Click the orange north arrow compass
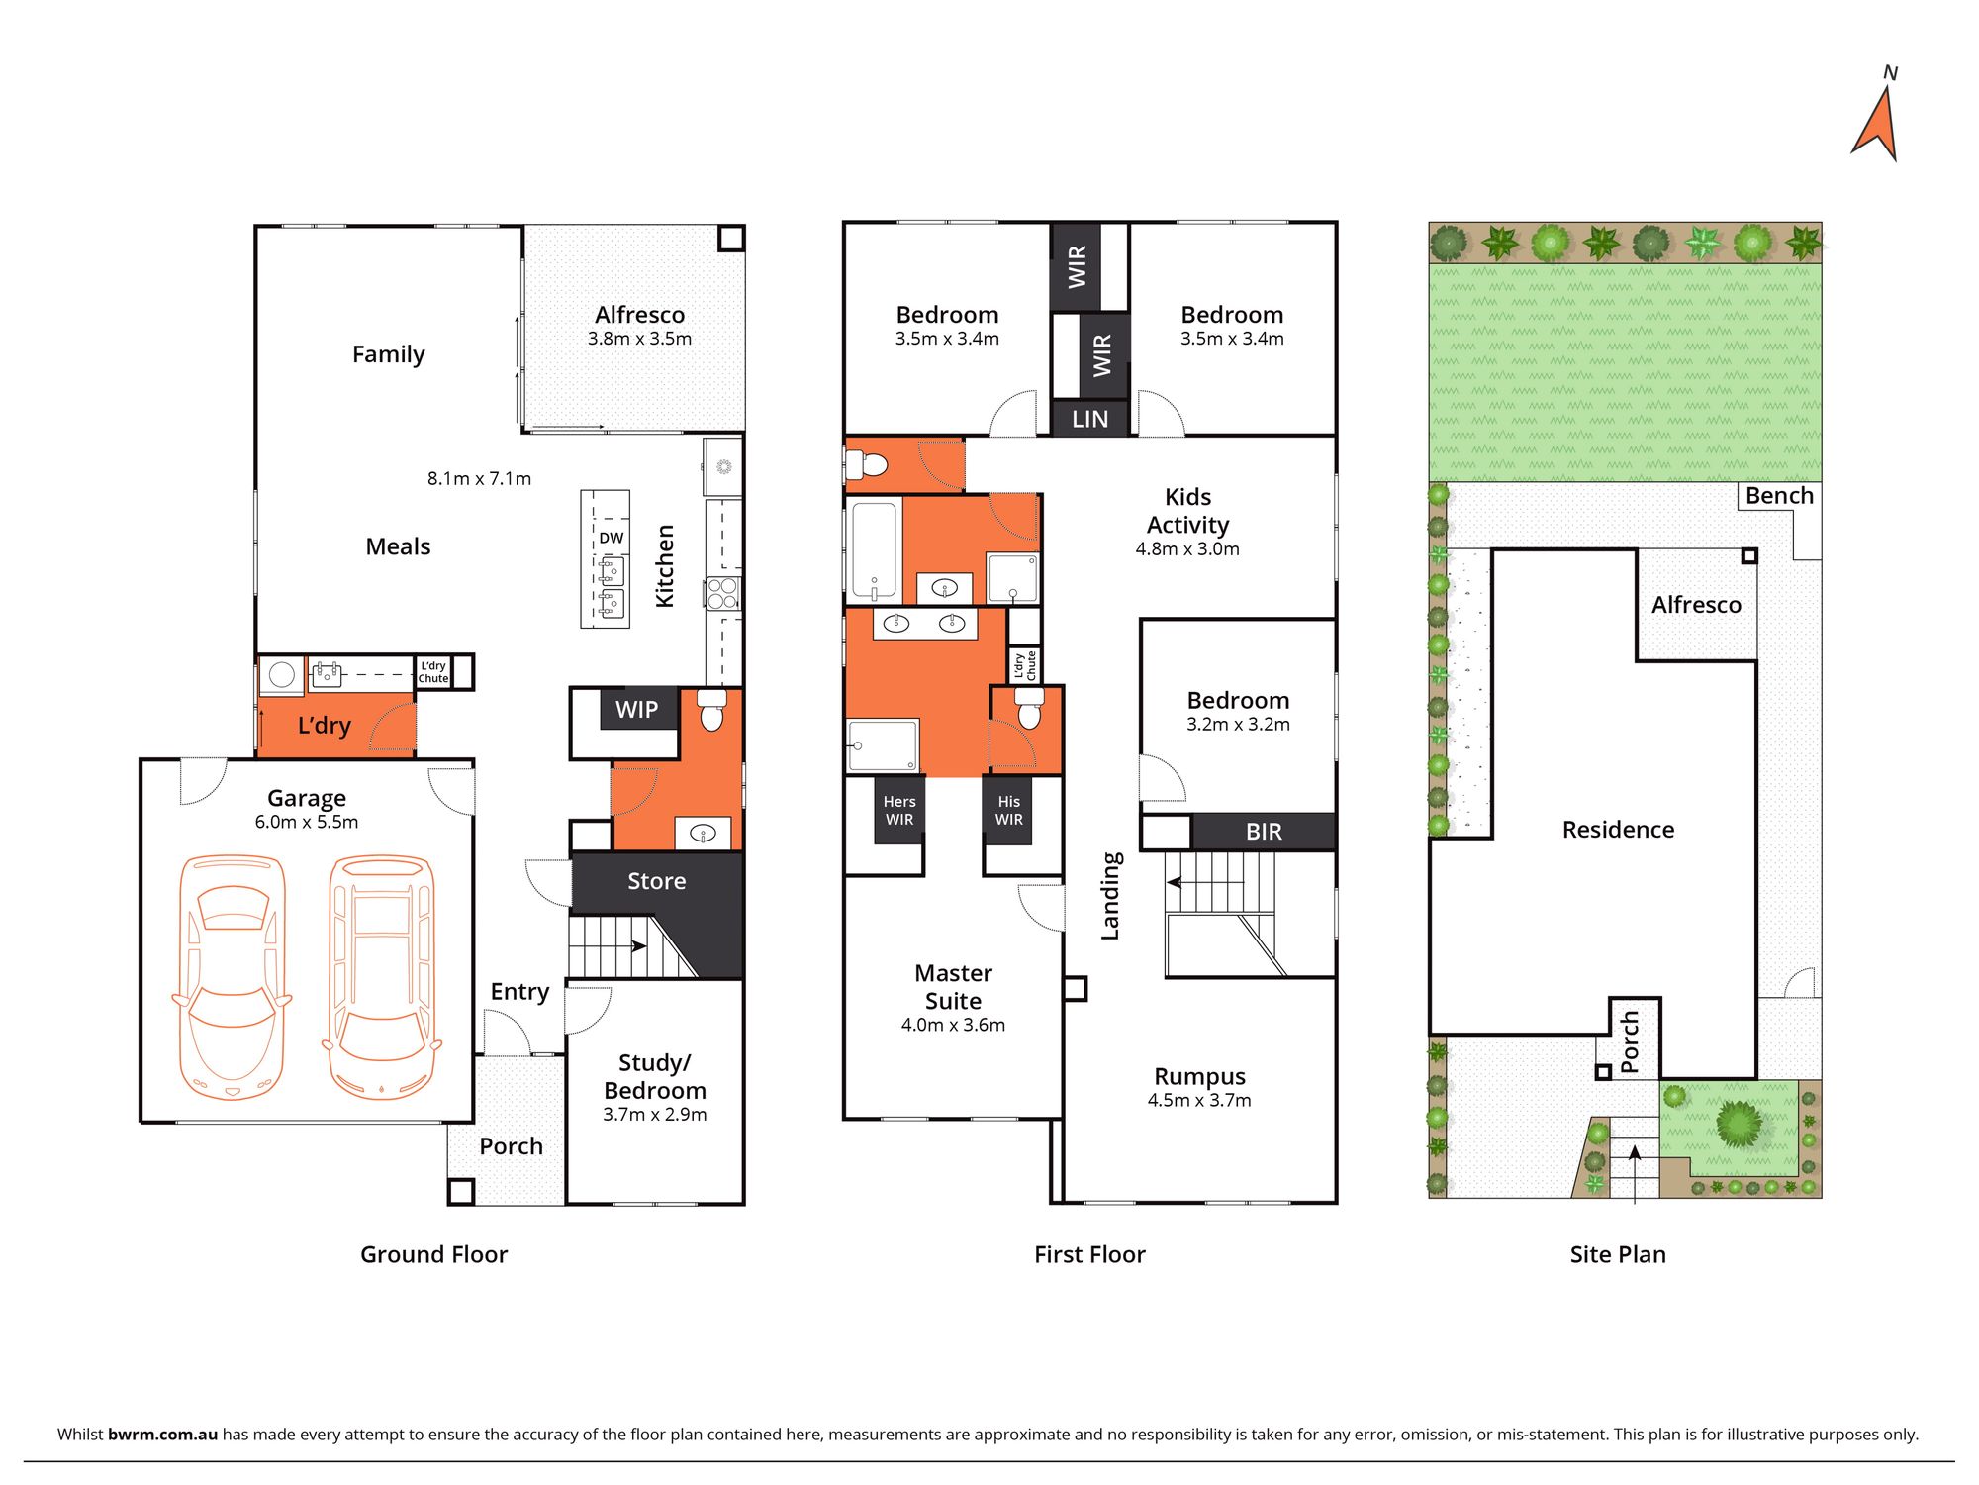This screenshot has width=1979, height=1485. pos(1877,127)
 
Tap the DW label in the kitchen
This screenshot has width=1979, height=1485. pos(612,538)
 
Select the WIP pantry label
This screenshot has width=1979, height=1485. pos(636,709)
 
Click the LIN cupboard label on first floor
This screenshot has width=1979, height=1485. pos(1089,419)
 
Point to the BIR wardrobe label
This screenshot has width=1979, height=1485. pos(1264,832)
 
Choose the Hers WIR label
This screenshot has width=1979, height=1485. pos(899,810)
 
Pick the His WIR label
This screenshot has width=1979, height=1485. pos(1008,810)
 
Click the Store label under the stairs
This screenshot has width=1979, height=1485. pos(656,881)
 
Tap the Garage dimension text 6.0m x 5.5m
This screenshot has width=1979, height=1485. pos(307,822)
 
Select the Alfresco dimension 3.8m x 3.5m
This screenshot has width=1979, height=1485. pos(639,339)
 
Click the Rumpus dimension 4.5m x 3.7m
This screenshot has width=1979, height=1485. pos(1199,1100)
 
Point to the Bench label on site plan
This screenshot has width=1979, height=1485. pos(1779,496)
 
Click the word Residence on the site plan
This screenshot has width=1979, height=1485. pos(1618,830)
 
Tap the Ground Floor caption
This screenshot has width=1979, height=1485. pos(433,1254)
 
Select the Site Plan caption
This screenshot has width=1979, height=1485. pos(1618,1254)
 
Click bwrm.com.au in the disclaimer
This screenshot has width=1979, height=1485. pos(162,1434)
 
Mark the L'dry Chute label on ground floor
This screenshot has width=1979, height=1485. pos(433,672)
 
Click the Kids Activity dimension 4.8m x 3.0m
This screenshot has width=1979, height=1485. pos(1187,548)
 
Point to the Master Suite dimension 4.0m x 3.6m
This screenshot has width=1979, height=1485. pos(953,1025)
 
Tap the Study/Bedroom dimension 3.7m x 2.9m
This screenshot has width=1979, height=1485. pos(655,1114)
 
